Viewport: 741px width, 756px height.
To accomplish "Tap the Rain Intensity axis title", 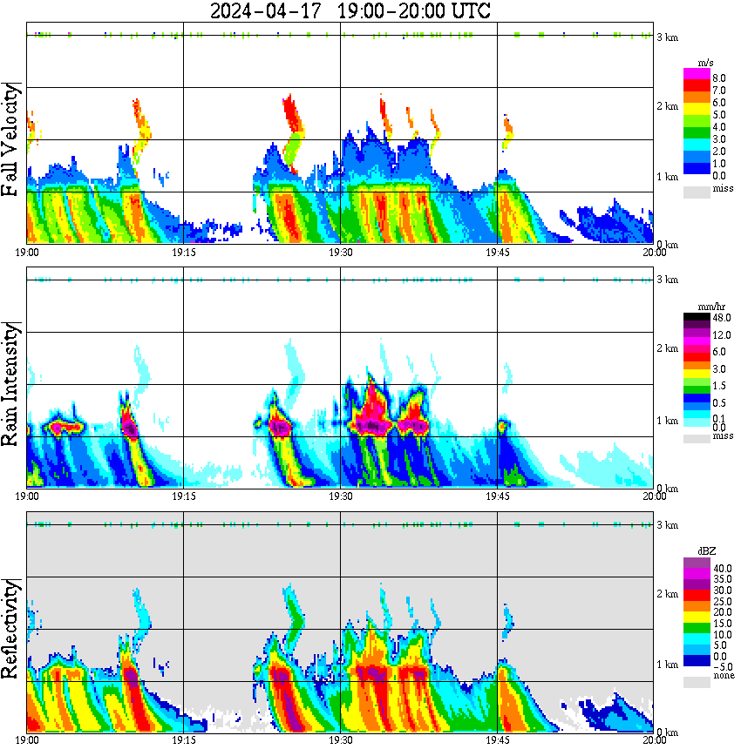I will [x=12, y=383].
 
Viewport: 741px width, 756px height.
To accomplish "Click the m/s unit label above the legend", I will [x=707, y=63].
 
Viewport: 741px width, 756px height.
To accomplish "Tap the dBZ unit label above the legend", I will [x=707, y=551].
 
